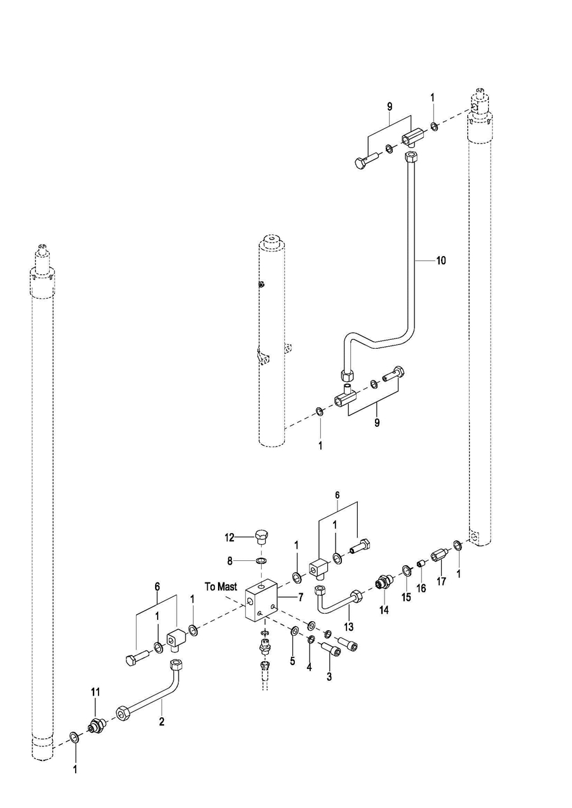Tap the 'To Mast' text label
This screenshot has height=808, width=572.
point(221,586)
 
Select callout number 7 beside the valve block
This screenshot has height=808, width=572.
point(300,597)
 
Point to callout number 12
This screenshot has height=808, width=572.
point(229,538)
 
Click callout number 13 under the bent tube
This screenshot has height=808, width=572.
point(349,626)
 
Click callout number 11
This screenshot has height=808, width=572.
point(95,701)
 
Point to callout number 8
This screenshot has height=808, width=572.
point(230,561)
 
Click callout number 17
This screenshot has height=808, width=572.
point(441,581)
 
